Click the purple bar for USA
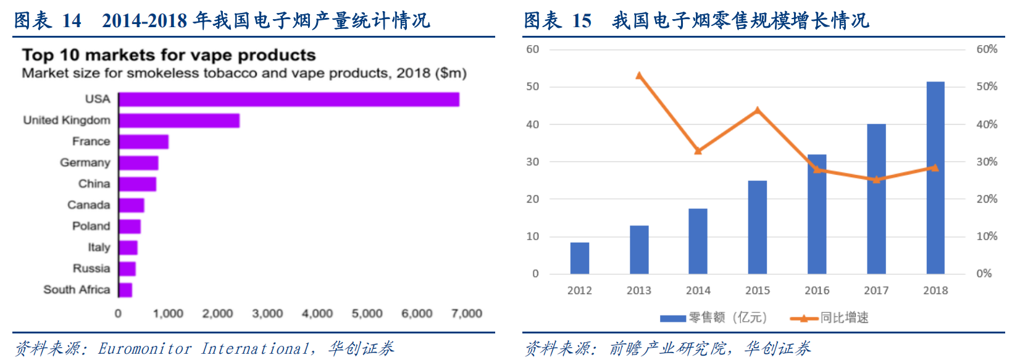click(x=288, y=99)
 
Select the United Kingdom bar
click(x=179, y=120)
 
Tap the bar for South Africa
click(x=125, y=290)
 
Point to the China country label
click(x=94, y=184)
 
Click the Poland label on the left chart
click(x=91, y=226)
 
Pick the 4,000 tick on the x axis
click(x=317, y=314)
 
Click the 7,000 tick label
click(x=467, y=314)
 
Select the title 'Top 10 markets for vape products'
click(x=169, y=55)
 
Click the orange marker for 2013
click(x=639, y=76)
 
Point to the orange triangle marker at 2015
click(x=758, y=111)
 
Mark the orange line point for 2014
click(x=698, y=151)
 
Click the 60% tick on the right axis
click(x=987, y=49)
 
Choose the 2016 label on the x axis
click(x=817, y=290)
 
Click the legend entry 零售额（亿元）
click(x=713, y=318)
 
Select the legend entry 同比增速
click(x=830, y=318)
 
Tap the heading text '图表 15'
click(x=558, y=20)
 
